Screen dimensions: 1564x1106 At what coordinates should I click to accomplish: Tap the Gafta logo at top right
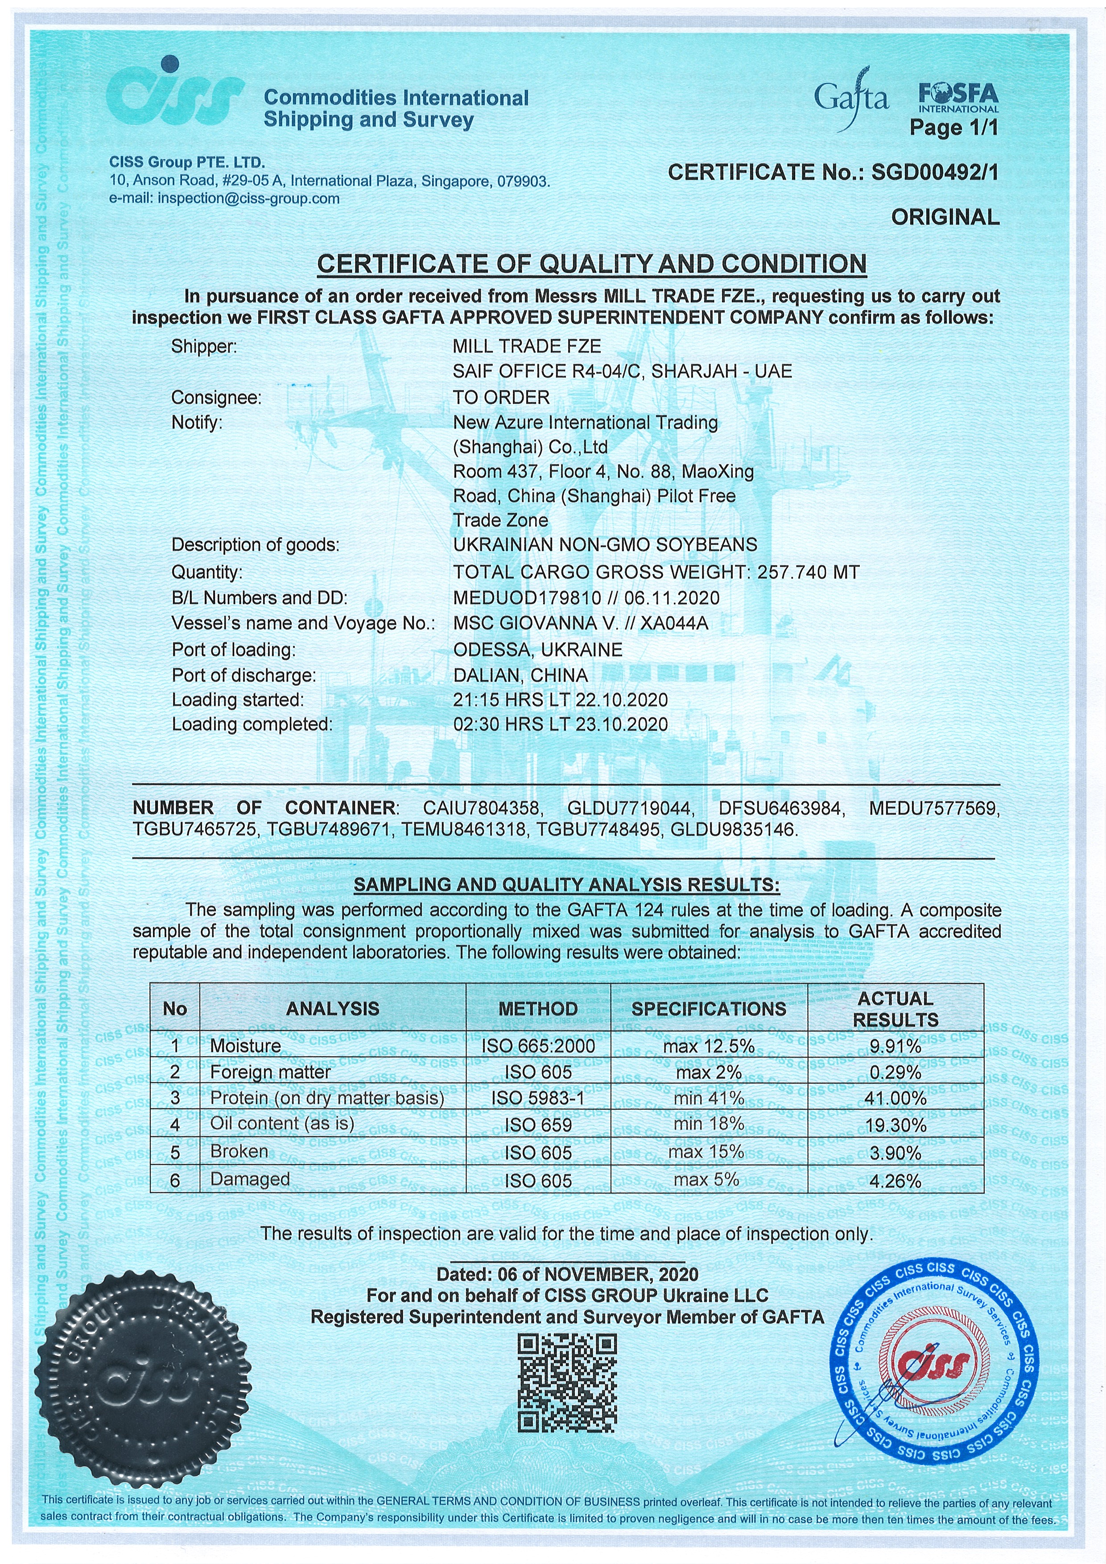click(851, 100)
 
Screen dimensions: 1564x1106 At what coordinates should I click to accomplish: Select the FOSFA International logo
click(957, 97)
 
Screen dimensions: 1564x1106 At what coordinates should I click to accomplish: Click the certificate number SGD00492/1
click(935, 173)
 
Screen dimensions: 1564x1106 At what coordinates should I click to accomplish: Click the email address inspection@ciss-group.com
click(248, 199)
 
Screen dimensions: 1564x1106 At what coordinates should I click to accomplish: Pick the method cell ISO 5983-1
click(538, 1098)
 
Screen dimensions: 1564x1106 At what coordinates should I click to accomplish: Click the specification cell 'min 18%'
click(708, 1124)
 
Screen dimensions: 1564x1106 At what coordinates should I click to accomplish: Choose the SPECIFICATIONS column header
click(709, 1009)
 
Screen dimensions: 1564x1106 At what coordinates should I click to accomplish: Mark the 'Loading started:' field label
click(238, 700)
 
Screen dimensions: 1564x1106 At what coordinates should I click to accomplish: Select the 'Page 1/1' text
click(953, 128)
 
